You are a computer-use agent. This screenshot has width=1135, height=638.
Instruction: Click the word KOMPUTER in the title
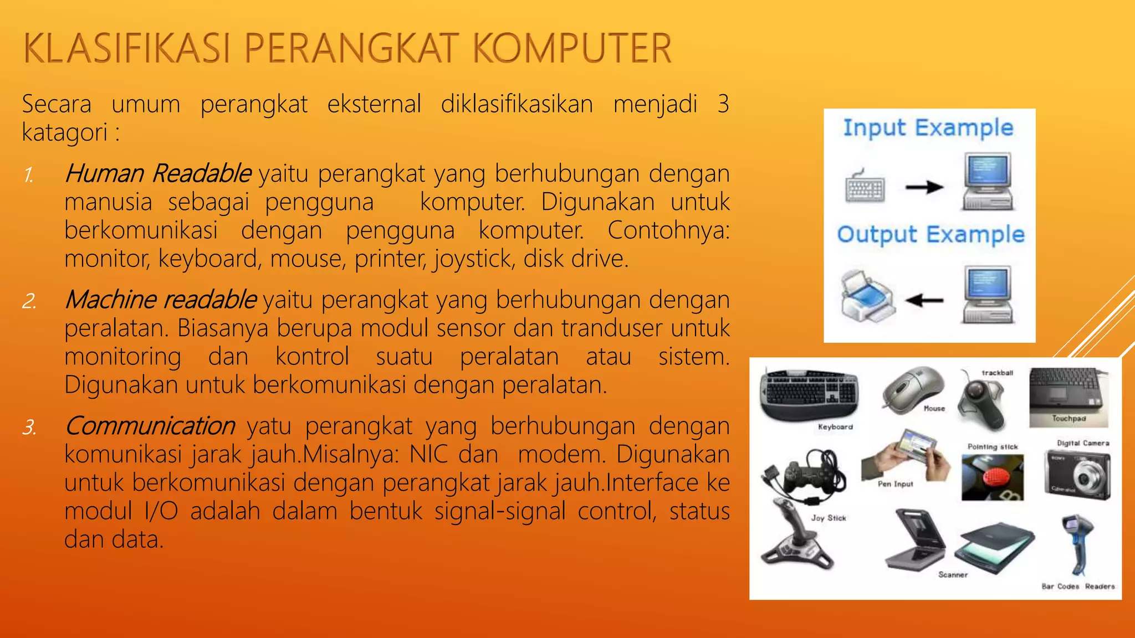tap(572, 49)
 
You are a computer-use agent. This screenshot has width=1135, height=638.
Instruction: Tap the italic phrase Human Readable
tap(158, 173)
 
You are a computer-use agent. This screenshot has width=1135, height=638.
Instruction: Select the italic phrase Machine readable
tap(161, 300)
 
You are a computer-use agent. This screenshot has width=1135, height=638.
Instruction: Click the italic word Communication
tap(150, 426)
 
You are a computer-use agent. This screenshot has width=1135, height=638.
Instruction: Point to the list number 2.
tap(29, 301)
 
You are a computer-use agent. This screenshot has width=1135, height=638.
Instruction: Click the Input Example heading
tap(928, 128)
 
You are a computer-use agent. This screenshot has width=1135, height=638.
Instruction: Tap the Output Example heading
tap(931, 234)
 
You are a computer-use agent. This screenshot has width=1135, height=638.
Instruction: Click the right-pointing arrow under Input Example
tap(924, 188)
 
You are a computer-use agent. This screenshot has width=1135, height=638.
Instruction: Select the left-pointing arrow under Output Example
tap(924, 301)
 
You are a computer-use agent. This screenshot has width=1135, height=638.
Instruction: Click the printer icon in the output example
tap(866, 296)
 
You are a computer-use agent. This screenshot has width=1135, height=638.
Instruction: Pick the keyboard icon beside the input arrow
tap(865, 187)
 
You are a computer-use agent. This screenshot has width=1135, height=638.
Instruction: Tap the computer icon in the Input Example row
tap(988, 182)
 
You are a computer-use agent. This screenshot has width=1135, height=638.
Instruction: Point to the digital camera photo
tap(1078, 474)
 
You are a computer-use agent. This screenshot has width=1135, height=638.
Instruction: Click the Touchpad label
tap(1068, 419)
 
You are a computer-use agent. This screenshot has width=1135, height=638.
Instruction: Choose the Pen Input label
tap(895, 484)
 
